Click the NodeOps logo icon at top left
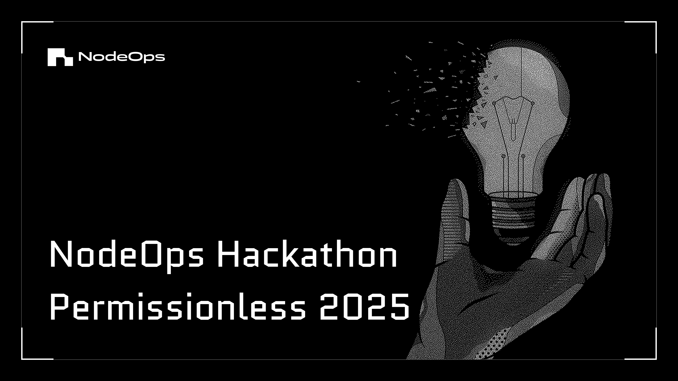point(60,57)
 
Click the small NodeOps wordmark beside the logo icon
point(122,57)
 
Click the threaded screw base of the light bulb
point(513,213)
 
